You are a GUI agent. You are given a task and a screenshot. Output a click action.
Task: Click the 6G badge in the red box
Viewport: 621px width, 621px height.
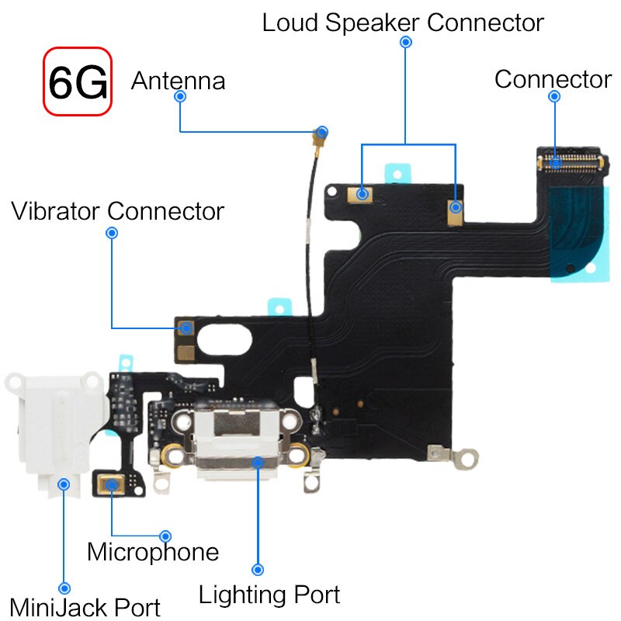pyautogui.click(x=78, y=82)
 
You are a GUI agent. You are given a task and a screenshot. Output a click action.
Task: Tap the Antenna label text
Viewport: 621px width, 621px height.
pyautogui.click(x=179, y=81)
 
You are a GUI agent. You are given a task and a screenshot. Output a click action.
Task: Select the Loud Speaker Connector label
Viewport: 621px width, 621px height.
pyautogui.click(x=403, y=23)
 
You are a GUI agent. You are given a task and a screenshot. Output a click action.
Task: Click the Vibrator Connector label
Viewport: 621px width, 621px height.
pyautogui.click(x=117, y=210)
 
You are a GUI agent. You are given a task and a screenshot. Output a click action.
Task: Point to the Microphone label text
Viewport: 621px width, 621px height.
pyautogui.click(x=153, y=552)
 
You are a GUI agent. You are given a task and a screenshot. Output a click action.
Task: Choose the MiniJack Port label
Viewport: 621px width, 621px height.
pyautogui.click(x=85, y=607)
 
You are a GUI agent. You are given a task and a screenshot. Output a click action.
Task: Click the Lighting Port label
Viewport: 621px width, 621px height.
pyautogui.click(x=269, y=595)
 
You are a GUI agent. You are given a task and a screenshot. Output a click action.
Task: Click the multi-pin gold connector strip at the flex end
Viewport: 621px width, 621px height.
pyautogui.click(x=571, y=163)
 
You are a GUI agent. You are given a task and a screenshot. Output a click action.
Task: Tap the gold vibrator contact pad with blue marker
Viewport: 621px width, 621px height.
pyautogui.click(x=186, y=328)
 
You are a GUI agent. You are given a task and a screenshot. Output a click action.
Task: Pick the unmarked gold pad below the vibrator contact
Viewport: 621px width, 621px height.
pyautogui.click(x=186, y=353)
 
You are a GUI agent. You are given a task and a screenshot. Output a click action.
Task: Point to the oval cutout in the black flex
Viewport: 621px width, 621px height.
pyautogui.click(x=224, y=339)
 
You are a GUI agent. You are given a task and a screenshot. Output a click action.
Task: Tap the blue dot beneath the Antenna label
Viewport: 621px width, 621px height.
pyautogui.click(x=180, y=96)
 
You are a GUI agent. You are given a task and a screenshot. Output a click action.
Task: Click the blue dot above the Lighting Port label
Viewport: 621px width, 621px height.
pyautogui.click(x=258, y=570)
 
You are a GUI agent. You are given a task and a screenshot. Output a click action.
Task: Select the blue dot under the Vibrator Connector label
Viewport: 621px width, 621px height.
pyautogui.click(x=112, y=233)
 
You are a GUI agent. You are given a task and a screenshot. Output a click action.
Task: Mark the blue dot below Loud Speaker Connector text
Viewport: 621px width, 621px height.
pyautogui.click(x=405, y=42)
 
